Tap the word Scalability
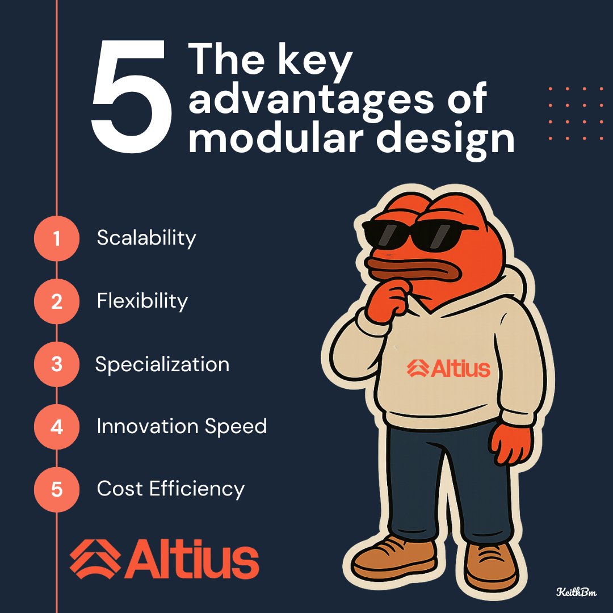pyautogui.click(x=146, y=238)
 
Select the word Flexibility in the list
pyautogui.click(x=142, y=301)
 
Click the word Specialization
pyautogui.click(x=162, y=364)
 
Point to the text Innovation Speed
pyautogui.click(x=182, y=426)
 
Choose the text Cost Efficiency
pyautogui.click(x=170, y=488)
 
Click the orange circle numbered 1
pyautogui.click(x=56, y=238)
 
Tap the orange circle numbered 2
pyautogui.click(x=56, y=301)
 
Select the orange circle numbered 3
pyautogui.click(x=56, y=364)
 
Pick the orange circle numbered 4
pyautogui.click(x=56, y=426)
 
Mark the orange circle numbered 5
pyautogui.click(x=56, y=489)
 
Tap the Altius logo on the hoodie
pyautogui.click(x=448, y=368)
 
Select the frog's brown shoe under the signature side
pyautogui.click(x=492, y=564)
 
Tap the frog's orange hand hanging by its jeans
pyautogui.click(x=510, y=442)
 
